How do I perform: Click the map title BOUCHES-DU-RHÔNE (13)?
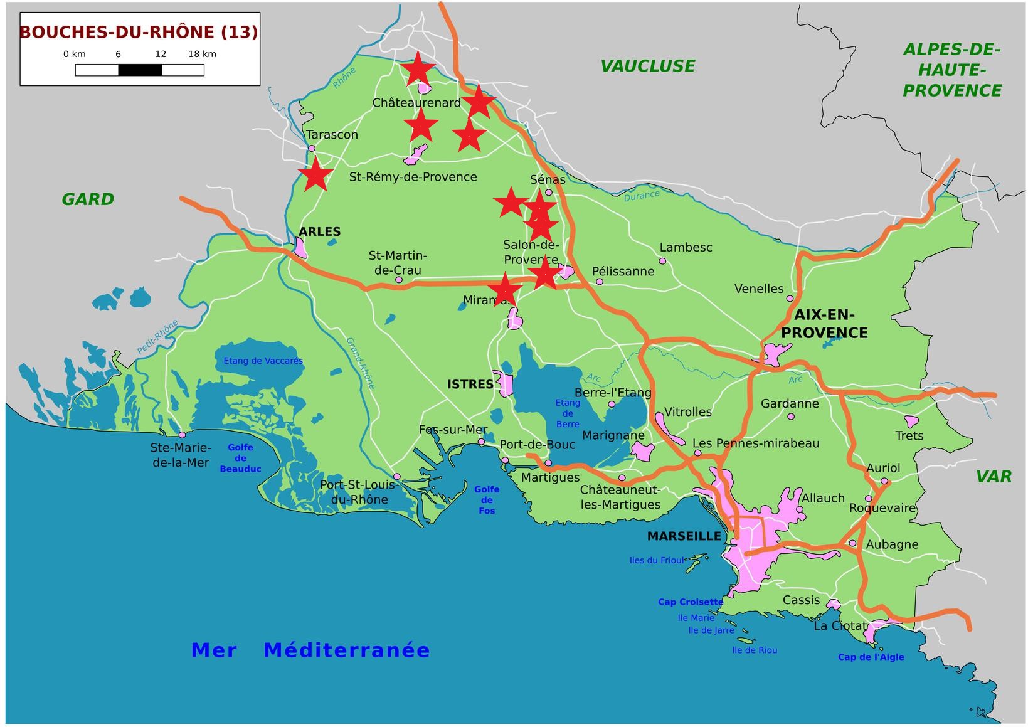coord(139,32)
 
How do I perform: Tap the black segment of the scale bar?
coord(140,70)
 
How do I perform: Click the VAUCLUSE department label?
coord(647,66)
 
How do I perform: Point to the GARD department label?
coord(88,199)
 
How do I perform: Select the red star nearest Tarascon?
coord(315,174)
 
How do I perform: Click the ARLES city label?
coord(319,231)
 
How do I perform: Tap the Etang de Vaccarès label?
coord(263,361)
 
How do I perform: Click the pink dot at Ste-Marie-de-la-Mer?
coord(182,435)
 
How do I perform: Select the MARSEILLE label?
coord(684,536)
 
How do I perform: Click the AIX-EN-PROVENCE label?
coord(824,324)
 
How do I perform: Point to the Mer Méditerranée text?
coord(310,650)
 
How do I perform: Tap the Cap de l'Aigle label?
coord(871,657)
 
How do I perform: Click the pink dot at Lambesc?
coord(662,261)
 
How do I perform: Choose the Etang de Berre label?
coord(568,413)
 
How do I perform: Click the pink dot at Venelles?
coord(790,299)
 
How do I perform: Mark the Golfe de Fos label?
coord(487,500)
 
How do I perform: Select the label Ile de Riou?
coord(754,650)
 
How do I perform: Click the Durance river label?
coord(641,196)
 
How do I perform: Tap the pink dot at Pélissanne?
coord(599,282)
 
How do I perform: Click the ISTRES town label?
coord(470,385)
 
